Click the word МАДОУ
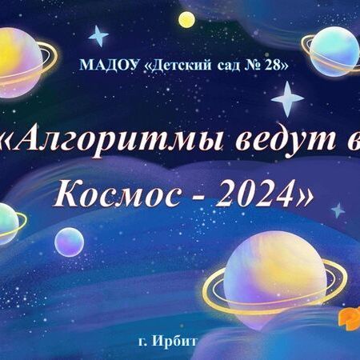pyautogui.click(x=110, y=65)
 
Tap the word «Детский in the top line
pyautogui.click(x=179, y=66)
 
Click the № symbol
pyautogui.click(x=253, y=66)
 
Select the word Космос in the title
pyautogui.click(x=116, y=194)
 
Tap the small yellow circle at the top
pyautogui.click(x=186, y=19)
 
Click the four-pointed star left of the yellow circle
pyautogui.click(x=98, y=36)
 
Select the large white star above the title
pyautogui.click(x=287, y=99)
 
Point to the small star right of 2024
pyautogui.click(x=338, y=210)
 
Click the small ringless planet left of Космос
pyautogui.click(x=70, y=242)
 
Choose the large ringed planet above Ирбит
pyautogui.click(x=274, y=280)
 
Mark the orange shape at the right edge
pyautogui.click(x=350, y=318)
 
